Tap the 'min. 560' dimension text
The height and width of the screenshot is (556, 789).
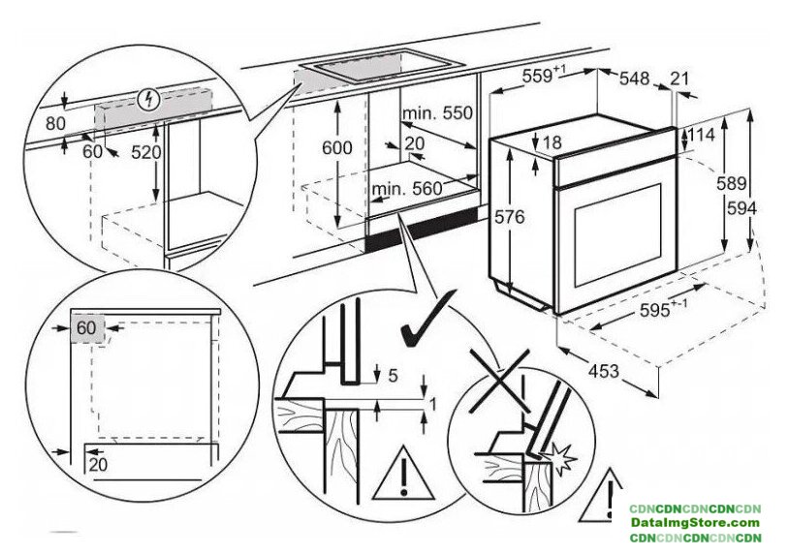click(407, 188)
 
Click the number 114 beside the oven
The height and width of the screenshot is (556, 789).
click(700, 136)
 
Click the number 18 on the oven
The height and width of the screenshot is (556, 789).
click(551, 143)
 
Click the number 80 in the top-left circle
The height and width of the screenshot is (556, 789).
click(54, 123)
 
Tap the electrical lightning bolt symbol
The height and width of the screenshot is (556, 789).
click(147, 98)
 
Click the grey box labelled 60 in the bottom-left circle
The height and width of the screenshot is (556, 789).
click(87, 327)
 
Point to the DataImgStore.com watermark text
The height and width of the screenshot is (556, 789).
click(695, 523)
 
